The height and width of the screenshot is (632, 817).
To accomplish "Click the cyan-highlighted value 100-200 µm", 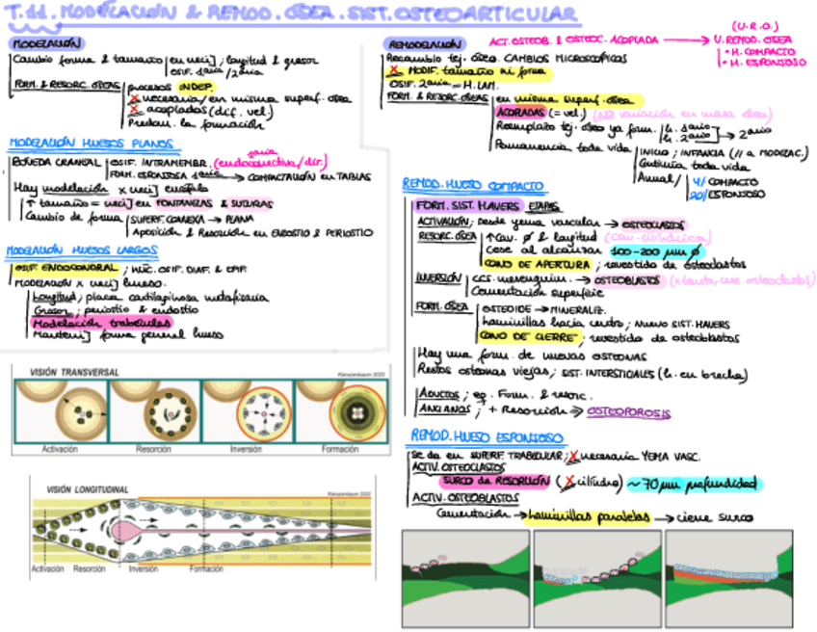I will tap(640, 250).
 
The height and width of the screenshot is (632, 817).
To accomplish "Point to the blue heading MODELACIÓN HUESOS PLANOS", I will tap(91, 145).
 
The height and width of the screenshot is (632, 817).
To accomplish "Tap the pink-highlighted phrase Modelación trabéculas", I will tap(82, 323).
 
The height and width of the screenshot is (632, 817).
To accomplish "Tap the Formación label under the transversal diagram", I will tap(341, 450).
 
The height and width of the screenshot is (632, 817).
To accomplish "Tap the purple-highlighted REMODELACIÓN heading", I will tap(424, 44).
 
